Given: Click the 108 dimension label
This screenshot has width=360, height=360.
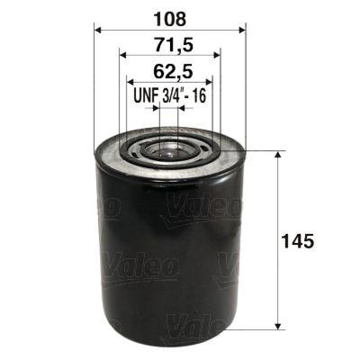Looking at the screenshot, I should pyautogui.click(x=169, y=19).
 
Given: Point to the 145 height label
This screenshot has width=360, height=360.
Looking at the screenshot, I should pyautogui.click(x=296, y=241).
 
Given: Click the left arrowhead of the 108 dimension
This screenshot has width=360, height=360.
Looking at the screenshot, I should pyautogui.click(x=97, y=30).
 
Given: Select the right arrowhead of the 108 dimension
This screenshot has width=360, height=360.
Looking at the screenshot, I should pyautogui.click(x=243, y=30).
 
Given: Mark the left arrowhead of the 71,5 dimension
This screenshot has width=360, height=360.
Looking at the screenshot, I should pyautogui.click(x=122, y=55).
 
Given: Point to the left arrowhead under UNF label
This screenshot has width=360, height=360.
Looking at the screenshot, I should pyautogui.click(x=156, y=108).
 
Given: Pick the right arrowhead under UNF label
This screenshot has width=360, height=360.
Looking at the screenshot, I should pyautogui.click(x=182, y=108).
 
